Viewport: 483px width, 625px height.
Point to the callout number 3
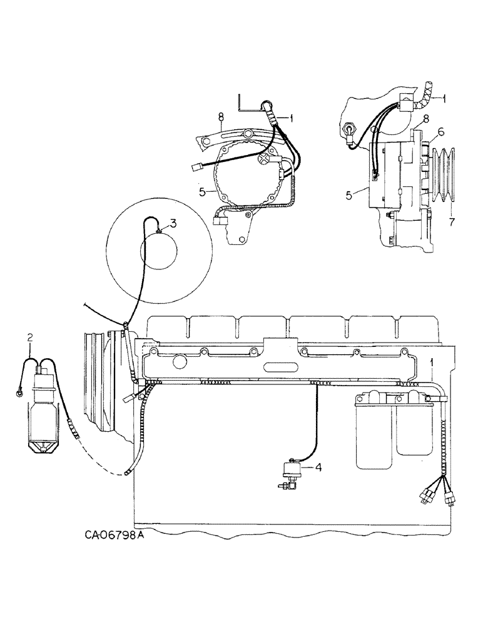click(173, 222)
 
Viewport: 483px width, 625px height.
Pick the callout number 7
click(450, 221)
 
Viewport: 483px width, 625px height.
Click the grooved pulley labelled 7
click(447, 176)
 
